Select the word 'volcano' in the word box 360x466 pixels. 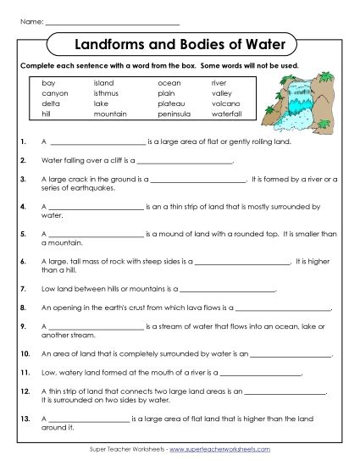point(224,103)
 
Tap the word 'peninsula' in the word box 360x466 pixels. point(173,114)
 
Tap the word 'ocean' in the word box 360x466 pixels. point(169,83)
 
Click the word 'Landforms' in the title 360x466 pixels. point(113,42)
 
